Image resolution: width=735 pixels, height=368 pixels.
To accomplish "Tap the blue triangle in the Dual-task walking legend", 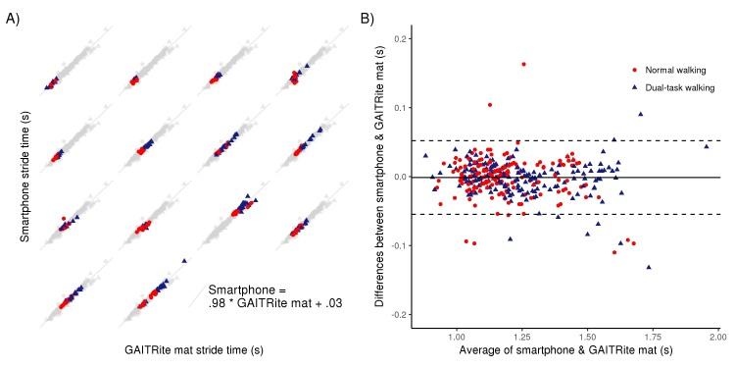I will [x=635, y=87].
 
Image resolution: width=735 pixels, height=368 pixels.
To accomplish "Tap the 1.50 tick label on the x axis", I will [x=586, y=337].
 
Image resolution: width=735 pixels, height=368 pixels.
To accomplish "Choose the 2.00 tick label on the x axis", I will [x=715, y=337].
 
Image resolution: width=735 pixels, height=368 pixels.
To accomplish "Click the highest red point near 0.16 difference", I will [x=523, y=64].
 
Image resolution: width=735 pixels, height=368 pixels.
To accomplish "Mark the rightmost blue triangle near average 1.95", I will [x=706, y=146].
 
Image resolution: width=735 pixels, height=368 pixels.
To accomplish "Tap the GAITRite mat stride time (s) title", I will [x=195, y=349].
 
